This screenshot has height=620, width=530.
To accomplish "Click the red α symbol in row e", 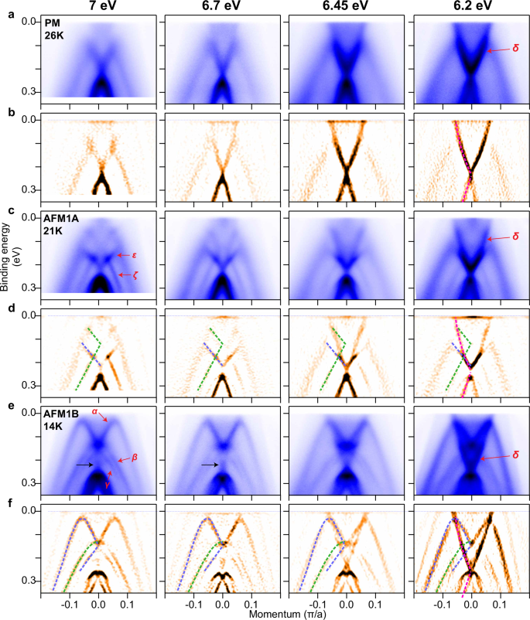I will (x=94, y=412).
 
